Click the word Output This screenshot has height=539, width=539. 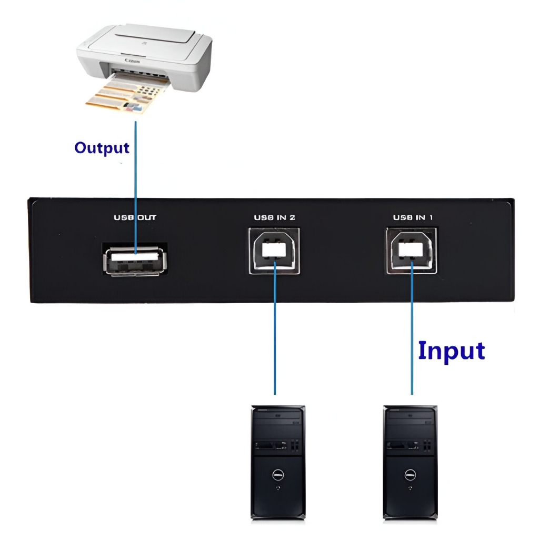point(102,148)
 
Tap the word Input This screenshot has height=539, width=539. point(451,351)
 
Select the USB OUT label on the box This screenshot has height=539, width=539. point(135,217)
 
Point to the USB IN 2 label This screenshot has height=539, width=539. point(274,217)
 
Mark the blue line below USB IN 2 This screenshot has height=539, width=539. point(275,342)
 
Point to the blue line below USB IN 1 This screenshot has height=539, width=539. point(412,326)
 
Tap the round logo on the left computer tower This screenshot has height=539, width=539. point(277,475)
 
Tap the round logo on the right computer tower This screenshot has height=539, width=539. point(410,475)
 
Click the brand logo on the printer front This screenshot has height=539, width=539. point(129,61)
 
